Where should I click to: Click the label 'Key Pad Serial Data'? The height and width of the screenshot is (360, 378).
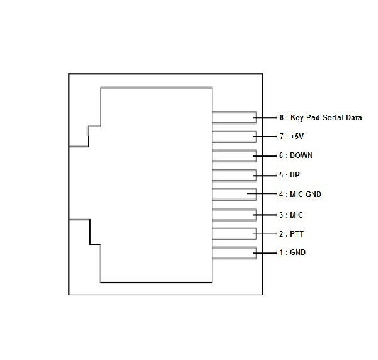point(326,118)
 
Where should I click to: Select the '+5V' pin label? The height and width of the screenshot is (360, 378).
point(297,137)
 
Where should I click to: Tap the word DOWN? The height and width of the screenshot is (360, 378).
point(301,155)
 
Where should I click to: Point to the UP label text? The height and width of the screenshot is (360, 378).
point(295,175)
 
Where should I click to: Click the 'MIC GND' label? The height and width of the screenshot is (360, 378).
point(306,194)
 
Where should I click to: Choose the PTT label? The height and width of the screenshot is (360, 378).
point(297,234)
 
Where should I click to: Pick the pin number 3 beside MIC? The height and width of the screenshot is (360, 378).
point(281,215)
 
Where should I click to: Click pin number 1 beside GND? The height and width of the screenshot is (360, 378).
point(281,252)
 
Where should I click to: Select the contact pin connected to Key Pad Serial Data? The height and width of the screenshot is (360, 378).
point(234,118)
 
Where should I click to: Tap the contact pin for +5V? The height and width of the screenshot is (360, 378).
point(234,137)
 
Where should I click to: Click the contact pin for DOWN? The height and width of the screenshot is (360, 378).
point(234,156)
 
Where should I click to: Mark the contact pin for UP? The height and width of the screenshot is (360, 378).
point(234,176)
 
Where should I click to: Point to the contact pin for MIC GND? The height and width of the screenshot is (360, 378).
point(234,194)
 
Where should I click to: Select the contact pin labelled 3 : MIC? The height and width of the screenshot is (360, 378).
point(234,215)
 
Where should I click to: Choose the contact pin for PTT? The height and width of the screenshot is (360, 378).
point(234,233)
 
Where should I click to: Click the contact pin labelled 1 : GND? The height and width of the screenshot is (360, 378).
point(234,253)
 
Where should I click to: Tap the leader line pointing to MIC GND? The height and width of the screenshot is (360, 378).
point(262,194)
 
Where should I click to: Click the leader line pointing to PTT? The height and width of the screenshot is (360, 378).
point(265,233)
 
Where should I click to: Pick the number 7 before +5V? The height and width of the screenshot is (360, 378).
point(282,137)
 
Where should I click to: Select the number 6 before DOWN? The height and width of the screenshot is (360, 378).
point(281,155)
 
